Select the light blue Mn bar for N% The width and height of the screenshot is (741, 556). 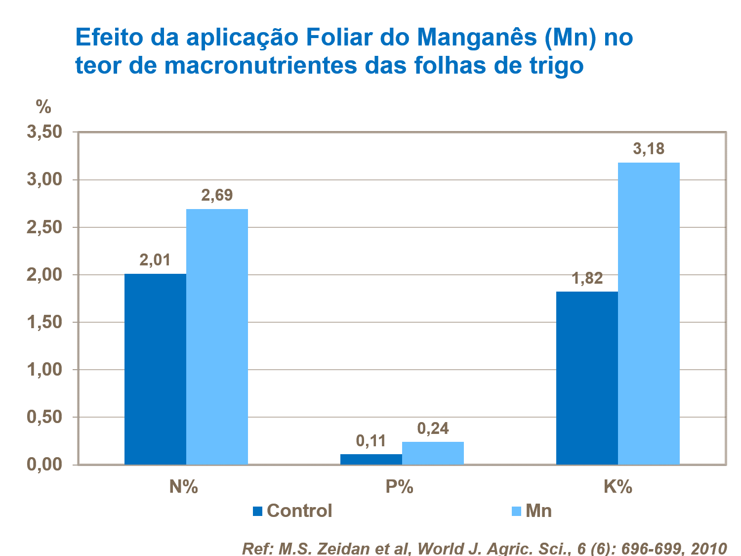(217, 337)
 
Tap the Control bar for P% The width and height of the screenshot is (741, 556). (371, 459)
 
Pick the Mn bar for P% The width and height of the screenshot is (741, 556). (433, 453)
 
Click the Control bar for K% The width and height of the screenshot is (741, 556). (587, 378)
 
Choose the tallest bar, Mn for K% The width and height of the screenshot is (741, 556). (649, 313)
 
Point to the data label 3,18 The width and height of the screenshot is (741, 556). (649, 149)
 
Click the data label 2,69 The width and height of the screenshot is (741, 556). (217, 195)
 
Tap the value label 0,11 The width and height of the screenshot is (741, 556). (371, 440)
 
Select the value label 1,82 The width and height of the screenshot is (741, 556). (587, 278)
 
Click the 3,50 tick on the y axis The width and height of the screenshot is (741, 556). (44, 132)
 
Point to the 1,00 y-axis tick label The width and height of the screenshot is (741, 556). (44, 370)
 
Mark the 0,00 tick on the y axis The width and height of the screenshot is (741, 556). (44, 465)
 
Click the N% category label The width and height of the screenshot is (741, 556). (184, 487)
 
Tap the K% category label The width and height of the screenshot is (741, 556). (617, 487)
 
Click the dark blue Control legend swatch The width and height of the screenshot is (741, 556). (257, 511)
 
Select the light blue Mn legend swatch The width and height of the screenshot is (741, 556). (516, 511)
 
